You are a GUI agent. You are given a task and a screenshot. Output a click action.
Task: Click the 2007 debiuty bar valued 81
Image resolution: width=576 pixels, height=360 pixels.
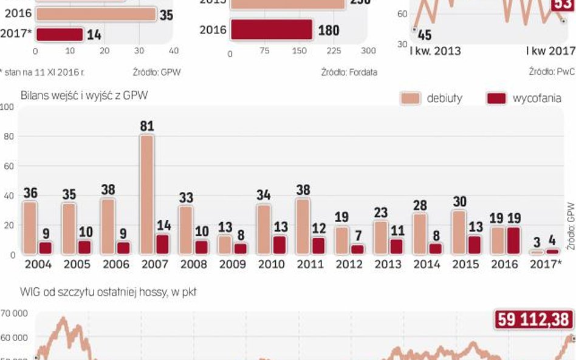[146, 194]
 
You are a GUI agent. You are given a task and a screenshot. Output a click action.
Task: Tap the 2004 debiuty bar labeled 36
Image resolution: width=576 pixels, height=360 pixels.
[30, 228]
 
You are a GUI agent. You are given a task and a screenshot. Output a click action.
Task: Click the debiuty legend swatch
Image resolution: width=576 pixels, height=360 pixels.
[410, 98]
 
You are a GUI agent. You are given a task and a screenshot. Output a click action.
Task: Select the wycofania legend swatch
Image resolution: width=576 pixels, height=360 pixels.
[496, 98]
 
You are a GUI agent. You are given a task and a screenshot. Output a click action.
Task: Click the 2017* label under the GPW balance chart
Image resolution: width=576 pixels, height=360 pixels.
[545, 265]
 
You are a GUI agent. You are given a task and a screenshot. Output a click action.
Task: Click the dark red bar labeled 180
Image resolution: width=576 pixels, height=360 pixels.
[271, 30]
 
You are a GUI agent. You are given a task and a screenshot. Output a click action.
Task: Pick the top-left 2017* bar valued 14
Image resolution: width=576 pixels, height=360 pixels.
[59, 35]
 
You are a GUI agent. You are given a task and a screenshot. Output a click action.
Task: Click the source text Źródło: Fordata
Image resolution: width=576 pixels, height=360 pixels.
[349, 72]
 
